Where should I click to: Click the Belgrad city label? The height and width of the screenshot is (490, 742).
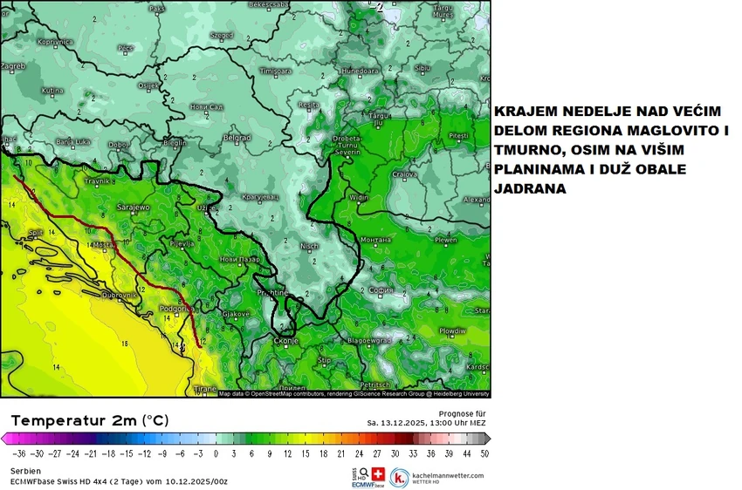click(237, 138)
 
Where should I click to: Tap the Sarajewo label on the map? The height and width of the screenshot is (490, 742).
click(134, 208)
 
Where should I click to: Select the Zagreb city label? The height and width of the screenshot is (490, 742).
click(13, 65)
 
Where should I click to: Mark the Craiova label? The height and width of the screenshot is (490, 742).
click(404, 174)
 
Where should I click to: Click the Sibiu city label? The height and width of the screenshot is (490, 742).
click(423, 67)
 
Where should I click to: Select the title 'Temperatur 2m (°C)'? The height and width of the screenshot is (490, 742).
click(90, 420)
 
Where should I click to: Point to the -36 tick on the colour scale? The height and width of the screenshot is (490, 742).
click(17, 453)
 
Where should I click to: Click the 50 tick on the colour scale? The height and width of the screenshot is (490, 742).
click(484, 453)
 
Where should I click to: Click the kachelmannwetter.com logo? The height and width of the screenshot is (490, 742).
click(436, 476)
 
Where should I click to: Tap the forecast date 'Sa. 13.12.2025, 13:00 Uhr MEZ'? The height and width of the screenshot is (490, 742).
click(426, 423)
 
